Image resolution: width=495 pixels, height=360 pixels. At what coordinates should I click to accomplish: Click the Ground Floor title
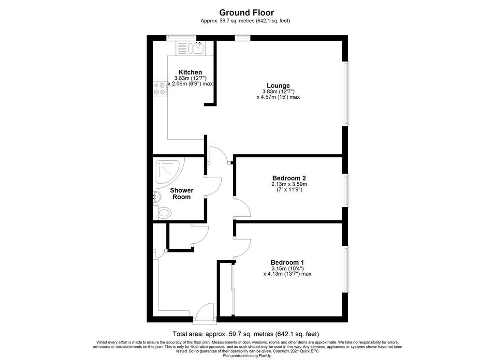[x=247, y=13]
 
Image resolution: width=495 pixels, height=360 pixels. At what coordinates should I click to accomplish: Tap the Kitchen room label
[x=190, y=72]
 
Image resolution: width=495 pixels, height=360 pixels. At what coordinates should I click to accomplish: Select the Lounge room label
[x=278, y=85]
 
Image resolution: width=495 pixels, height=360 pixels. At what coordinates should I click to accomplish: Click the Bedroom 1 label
[x=287, y=262]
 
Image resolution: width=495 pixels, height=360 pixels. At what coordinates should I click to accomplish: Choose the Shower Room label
[x=182, y=194]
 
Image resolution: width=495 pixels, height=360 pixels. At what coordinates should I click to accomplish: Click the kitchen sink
[x=196, y=48]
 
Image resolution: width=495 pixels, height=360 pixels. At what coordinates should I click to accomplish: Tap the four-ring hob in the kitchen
[x=160, y=89]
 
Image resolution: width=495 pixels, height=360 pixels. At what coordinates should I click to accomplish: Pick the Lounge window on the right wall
[x=346, y=93]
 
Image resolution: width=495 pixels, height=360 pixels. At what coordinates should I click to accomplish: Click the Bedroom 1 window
[x=346, y=270]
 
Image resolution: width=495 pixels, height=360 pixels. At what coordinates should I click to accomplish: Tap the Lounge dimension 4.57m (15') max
[x=278, y=97]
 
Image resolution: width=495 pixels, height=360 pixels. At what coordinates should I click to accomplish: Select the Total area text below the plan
[x=246, y=334]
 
